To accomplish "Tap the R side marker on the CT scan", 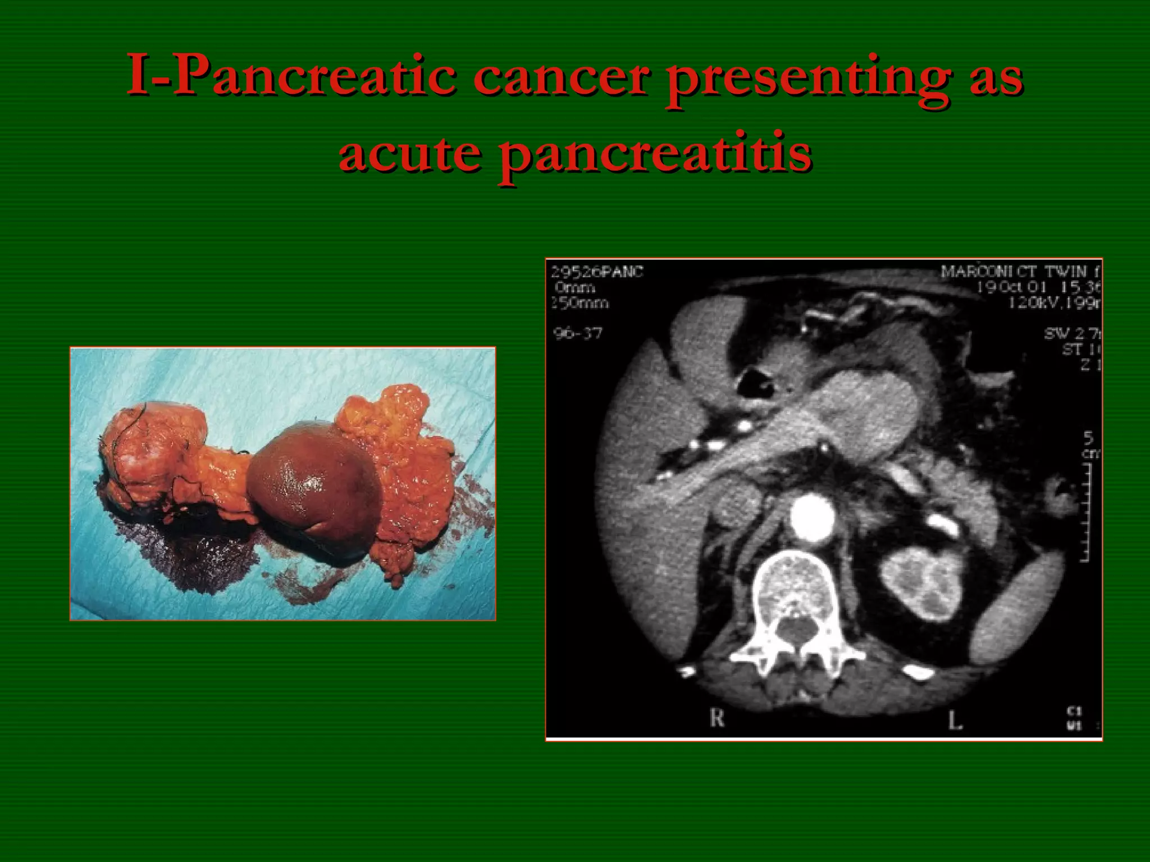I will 717,718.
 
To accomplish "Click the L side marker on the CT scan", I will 955,720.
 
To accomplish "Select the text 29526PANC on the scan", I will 597,272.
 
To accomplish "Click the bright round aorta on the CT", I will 813,517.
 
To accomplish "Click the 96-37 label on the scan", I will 578,333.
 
